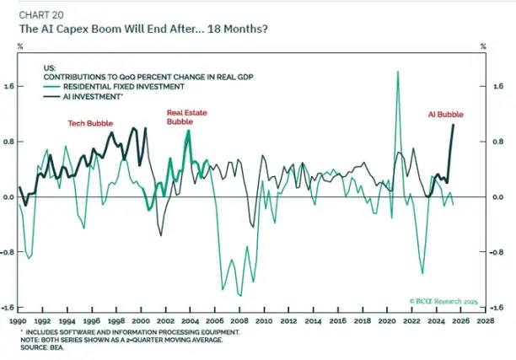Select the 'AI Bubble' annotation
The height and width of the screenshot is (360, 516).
tap(444, 114)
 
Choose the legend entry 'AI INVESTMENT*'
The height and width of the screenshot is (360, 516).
tap(94, 96)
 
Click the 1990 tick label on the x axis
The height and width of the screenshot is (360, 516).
tap(19, 321)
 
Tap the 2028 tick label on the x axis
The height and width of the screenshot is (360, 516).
tap(486, 321)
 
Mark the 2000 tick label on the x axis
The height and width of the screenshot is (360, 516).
tap(142, 321)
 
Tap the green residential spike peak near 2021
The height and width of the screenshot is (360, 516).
tap(397, 73)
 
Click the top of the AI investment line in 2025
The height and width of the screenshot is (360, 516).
tap(454, 125)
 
